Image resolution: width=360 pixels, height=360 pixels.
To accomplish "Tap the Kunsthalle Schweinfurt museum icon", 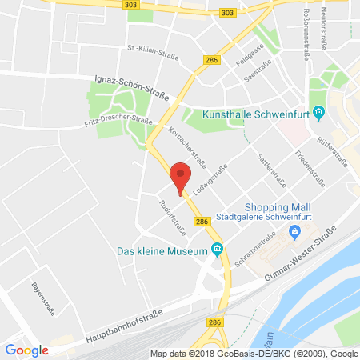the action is pyautogui.click(x=318, y=112).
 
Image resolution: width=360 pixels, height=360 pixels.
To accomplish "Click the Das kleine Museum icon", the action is pyautogui.click(x=217, y=251).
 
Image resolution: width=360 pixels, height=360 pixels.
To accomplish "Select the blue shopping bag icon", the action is pyautogui.click(x=295, y=233).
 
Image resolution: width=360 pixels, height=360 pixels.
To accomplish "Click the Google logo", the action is pyautogui.click(x=27, y=349).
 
